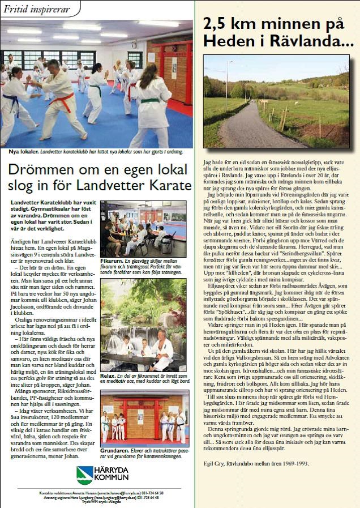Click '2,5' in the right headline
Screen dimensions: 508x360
point(218,24)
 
